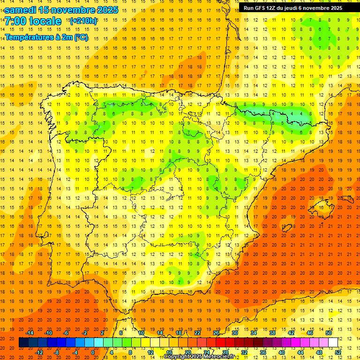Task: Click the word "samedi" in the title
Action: [x=20, y=9]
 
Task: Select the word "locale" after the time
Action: [x=45, y=21]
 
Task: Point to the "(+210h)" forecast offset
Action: [x=83, y=21]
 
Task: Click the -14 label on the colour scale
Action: [x=30, y=333]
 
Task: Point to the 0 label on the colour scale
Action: [x=93, y=352]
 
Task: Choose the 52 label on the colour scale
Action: [x=337, y=352]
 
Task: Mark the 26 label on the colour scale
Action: [x=216, y=333]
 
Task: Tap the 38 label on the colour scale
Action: [x=272, y=333]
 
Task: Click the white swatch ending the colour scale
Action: [x=333, y=343]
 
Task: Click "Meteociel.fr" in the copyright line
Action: [x=220, y=357]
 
